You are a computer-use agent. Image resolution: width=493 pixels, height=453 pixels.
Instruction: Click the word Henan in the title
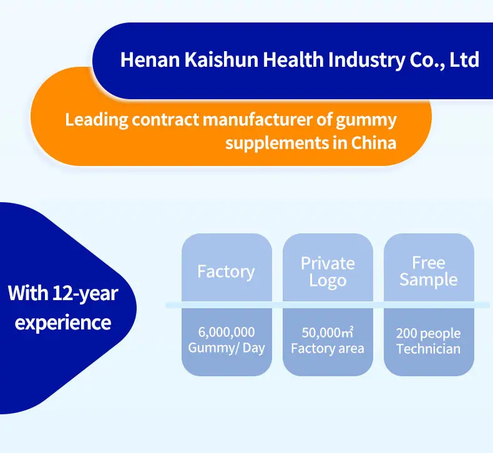(150, 60)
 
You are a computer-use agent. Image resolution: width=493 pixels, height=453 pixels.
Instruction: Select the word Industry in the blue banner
(366, 61)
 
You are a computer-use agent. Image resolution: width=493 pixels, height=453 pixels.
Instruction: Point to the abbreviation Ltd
(464, 60)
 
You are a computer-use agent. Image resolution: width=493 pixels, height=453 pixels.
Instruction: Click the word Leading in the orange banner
(97, 120)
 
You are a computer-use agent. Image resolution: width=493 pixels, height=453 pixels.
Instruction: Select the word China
(374, 143)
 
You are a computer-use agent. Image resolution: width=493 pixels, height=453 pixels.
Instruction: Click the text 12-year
(85, 294)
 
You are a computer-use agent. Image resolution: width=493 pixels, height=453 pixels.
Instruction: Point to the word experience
(63, 323)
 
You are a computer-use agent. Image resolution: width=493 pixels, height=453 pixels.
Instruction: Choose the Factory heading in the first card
(226, 272)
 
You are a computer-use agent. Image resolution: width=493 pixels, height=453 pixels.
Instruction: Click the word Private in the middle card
(328, 263)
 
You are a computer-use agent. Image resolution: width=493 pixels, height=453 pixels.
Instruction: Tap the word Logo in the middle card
(328, 281)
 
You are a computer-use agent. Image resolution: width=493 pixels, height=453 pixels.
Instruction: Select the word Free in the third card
(429, 263)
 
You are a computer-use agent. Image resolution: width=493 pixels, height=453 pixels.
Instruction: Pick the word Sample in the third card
(429, 280)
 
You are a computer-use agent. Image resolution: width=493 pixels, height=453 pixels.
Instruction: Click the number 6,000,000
(227, 333)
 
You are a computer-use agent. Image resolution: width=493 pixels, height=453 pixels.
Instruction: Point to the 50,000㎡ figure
(327, 333)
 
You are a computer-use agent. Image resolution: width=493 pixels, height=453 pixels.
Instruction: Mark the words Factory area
(327, 348)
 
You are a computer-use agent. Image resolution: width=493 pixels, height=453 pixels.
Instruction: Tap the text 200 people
(428, 334)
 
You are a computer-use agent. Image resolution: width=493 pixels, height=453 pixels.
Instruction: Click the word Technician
(428, 349)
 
